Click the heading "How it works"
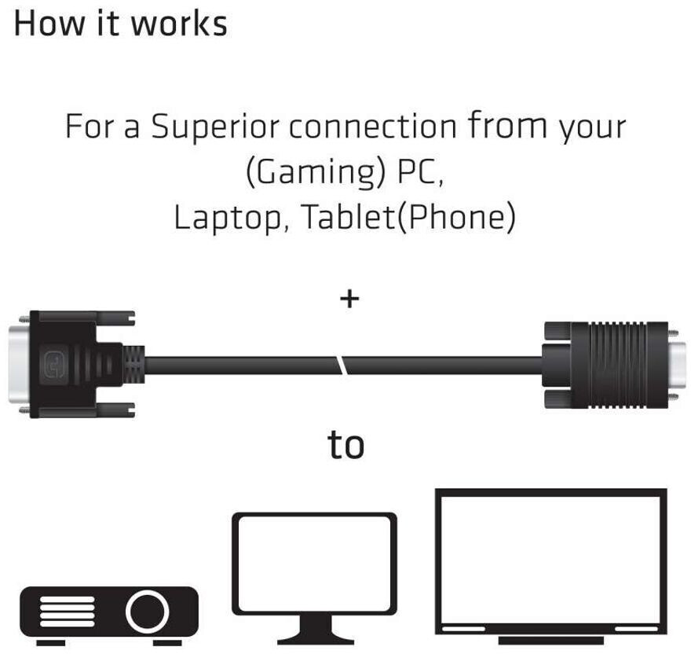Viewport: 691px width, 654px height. click(120, 24)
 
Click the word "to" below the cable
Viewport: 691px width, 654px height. click(345, 444)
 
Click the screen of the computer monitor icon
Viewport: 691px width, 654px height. click(314, 564)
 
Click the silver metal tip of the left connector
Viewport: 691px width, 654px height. click(14, 365)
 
